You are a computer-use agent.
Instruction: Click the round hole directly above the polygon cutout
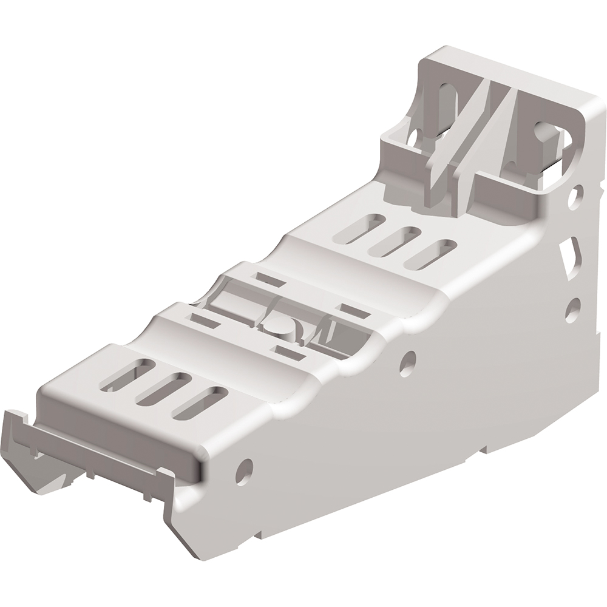577,193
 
